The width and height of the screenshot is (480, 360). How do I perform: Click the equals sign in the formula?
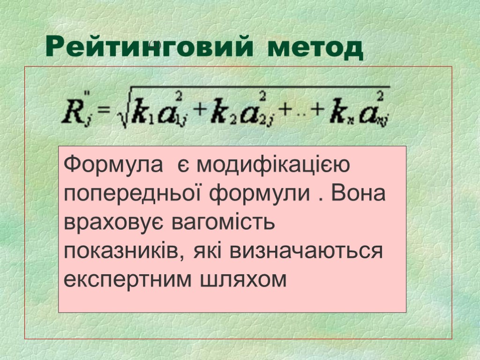[x=104, y=111]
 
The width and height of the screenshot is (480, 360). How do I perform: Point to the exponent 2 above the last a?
[x=380, y=96]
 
